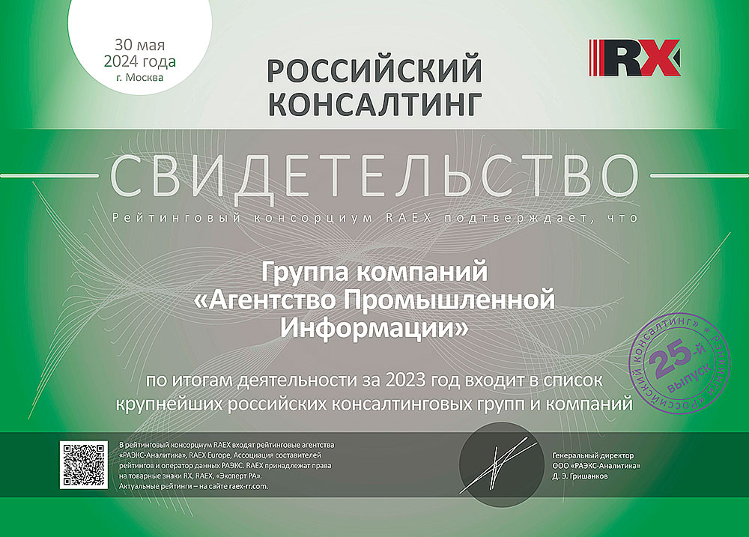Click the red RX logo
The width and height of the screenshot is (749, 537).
coord(634,58)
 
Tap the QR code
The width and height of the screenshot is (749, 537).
coord(84,465)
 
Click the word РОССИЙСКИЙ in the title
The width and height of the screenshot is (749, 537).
coord(374,70)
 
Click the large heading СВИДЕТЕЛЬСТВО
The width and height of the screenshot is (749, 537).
coord(374,175)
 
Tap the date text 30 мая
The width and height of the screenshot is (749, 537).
coord(139,45)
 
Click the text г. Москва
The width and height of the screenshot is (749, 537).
coord(139,77)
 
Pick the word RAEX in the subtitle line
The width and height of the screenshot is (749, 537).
coord(408,218)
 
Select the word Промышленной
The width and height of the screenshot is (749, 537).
coord(449,300)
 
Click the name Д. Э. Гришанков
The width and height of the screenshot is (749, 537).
coord(580,476)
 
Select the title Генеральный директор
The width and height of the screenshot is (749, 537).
coord(592,455)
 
